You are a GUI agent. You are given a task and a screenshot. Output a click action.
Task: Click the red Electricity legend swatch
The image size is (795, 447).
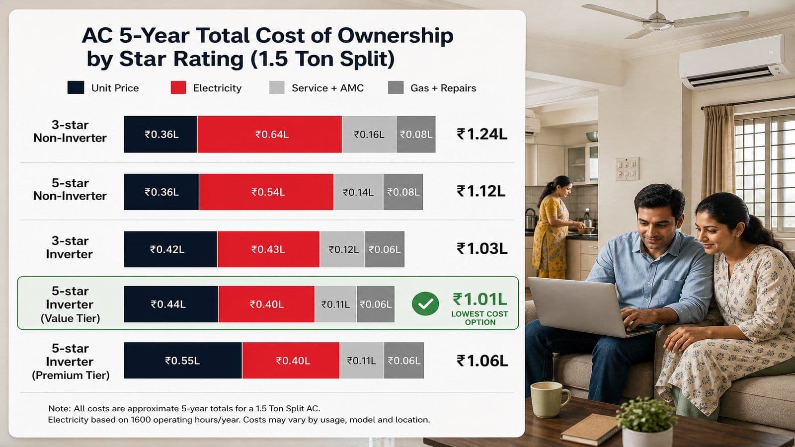pos(178,87)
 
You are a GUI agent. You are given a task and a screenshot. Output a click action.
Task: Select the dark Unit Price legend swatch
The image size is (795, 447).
pos(76,87)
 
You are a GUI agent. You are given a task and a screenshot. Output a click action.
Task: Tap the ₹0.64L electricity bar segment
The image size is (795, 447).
pos(269,134)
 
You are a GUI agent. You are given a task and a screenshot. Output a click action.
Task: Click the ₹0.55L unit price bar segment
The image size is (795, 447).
pos(183,361)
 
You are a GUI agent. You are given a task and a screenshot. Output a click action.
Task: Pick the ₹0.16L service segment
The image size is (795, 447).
pos(369,134)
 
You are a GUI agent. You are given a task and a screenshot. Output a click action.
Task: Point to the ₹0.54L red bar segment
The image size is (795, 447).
pos(266,192)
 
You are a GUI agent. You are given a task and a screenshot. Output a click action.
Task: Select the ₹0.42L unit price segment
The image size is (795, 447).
pos(170,249)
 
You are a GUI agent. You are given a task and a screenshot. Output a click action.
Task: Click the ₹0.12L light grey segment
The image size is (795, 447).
pos(342,249)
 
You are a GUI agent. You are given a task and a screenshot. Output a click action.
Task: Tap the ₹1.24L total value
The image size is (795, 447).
pos(481,134)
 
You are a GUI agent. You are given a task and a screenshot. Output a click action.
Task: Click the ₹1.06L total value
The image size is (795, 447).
pos(482,361)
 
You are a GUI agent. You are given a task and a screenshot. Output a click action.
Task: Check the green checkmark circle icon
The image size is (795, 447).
pos(425,303)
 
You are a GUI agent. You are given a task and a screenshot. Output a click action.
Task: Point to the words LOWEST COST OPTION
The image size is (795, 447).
pos(480,318)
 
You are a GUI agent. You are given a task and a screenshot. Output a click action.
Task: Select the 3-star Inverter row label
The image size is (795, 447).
pos(70,248)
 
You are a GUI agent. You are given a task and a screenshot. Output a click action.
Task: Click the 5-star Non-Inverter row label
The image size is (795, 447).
pos(70,189)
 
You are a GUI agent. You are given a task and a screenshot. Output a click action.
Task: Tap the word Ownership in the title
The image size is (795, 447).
pos(396,36)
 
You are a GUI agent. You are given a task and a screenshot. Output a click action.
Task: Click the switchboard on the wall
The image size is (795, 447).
pos(627,169)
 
